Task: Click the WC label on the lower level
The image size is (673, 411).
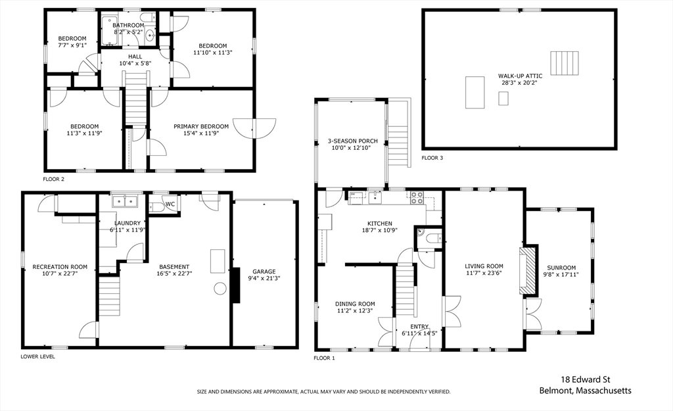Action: pyautogui.click(x=170, y=204)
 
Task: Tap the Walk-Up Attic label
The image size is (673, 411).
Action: pyautogui.click(x=521, y=76)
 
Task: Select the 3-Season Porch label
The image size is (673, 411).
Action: pyautogui.click(x=353, y=141)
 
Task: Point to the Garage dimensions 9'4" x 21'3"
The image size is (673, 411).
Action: pyautogui.click(x=264, y=278)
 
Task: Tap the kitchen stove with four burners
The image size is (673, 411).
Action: pyautogui.click(x=416, y=197)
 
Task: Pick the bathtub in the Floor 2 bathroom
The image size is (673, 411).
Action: pyautogui.click(x=110, y=30)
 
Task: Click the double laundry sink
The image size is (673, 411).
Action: pyautogui.click(x=124, y=201)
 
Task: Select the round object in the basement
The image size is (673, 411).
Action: pyautogui.click(x=220, y=288)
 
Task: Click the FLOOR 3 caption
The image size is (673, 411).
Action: pyautogui.click(x=432, y=158)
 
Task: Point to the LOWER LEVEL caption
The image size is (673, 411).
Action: pyautogui.click(x=37, y=356)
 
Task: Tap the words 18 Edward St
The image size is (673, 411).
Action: pyautogui.click(x=586, y=379)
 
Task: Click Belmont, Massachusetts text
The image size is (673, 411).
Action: pyautogui.click(x=586, y=391)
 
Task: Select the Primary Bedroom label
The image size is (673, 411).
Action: pyautogui.click(x=201, y=126)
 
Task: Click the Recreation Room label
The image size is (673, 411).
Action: pyautogui.click(x=60, y=267)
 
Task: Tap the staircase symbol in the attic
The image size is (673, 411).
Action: pyautogui.click(x=565, y=62)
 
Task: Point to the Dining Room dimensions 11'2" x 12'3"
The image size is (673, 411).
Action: pyautogui.click(x=355, y=310)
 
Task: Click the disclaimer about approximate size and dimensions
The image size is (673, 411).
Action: pyautogui.click(x=323, y=392)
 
